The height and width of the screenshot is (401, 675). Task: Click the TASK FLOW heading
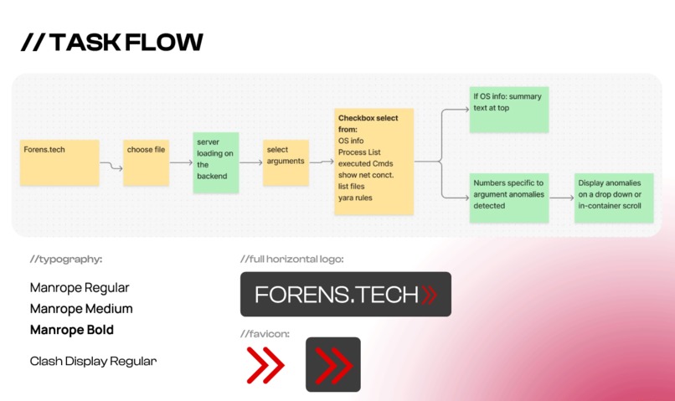coord(112,43)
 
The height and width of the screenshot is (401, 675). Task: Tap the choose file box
coord(147,162)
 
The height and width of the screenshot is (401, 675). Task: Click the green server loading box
coord(216,162)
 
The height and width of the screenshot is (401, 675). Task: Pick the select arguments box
coord(286,162)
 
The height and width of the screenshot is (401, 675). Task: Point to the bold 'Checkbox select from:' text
coord(368,124)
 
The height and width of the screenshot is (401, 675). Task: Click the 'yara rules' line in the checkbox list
coord(355,198)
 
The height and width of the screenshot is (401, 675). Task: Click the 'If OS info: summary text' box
coord(508,108)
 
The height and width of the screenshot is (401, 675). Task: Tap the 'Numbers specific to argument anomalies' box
coord(508,198)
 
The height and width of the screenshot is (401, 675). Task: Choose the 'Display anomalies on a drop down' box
coord(614,198)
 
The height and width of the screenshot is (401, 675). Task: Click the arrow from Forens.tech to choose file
coord(111,167)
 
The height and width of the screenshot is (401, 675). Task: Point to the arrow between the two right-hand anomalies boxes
coord(561,198)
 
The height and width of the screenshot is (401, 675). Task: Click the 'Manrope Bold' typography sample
coord(72,330)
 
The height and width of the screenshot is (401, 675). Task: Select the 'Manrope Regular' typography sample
coord(80,287)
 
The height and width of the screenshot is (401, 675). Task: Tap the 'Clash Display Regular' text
coord(93,362)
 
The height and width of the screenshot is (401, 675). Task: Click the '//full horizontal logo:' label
coord(291,260)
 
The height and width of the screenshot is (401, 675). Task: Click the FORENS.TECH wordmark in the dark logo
coord(337,295)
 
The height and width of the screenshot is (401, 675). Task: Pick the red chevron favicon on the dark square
coord(332,365)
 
